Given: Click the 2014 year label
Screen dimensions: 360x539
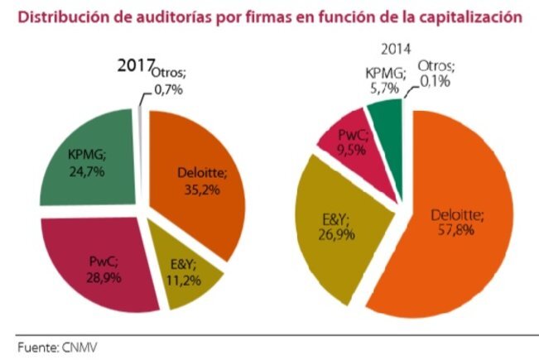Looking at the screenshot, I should pyautogui.click(x=397, y=50).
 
